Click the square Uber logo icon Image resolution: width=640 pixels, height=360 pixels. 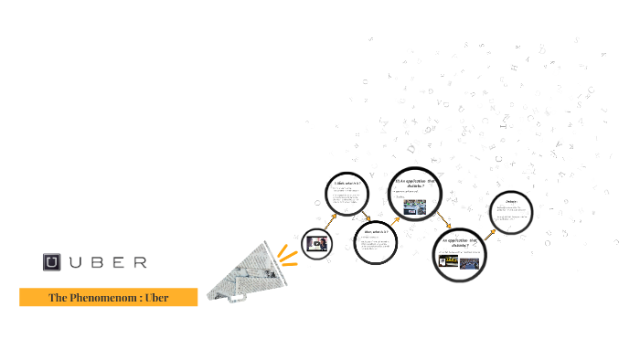click(x=52, y=262)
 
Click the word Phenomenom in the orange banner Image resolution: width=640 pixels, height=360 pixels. click(x=101, y=297)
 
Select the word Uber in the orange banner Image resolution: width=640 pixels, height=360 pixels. click(x=156, y=297)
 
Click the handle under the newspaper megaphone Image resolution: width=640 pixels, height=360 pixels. click(x=219, y=291)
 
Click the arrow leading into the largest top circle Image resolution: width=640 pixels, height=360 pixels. click(x=395, y=219)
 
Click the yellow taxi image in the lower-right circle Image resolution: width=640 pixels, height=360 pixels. click(x=448, y=260)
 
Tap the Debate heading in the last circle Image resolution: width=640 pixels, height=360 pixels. click(x=511, y=202)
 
